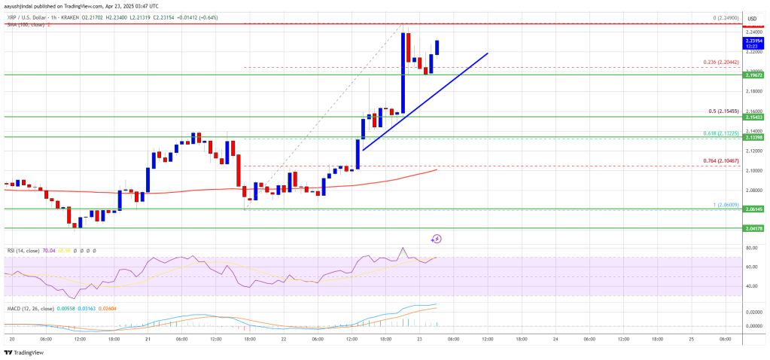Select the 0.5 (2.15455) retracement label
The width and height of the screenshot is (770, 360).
[721, 111]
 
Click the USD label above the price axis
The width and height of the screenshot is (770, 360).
[752, 17]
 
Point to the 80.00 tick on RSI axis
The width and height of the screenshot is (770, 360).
[751, 247]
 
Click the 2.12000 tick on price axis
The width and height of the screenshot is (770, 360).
[753, 151]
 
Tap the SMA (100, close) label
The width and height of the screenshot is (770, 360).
[25, 24]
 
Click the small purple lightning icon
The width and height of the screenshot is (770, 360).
[437, 239]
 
